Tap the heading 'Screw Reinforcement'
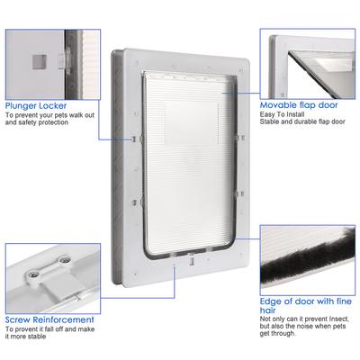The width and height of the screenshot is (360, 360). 49,319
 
